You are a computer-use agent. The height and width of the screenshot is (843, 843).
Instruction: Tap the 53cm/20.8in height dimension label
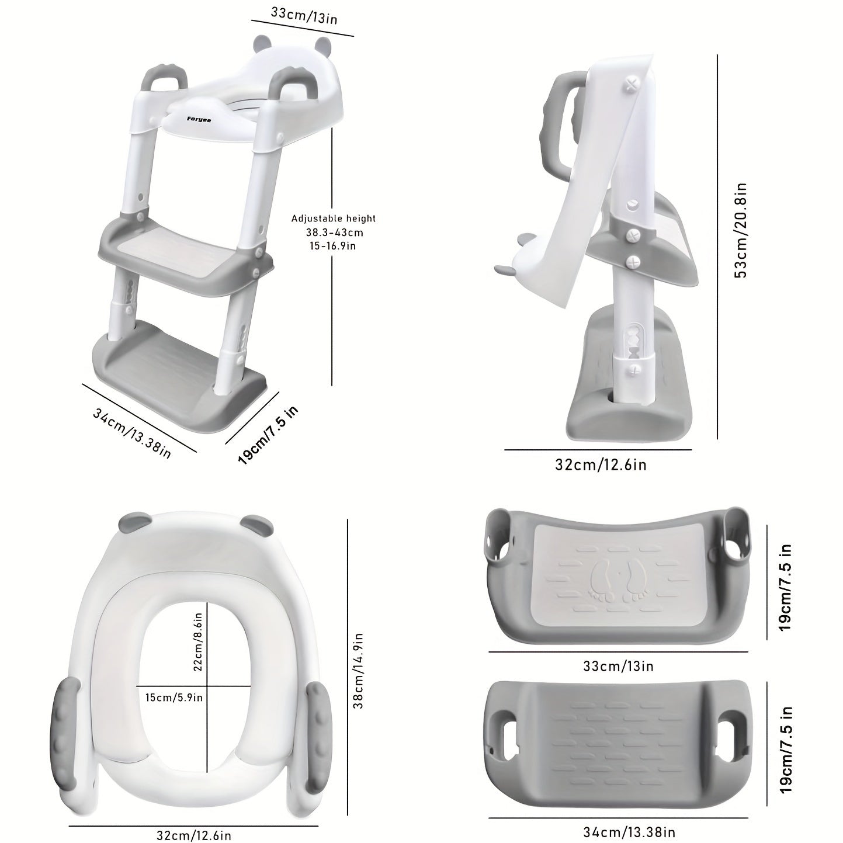[741, 230]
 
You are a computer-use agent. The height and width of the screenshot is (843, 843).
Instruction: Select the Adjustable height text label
[334, 218]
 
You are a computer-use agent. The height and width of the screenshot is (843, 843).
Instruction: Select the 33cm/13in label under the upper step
[618, 666]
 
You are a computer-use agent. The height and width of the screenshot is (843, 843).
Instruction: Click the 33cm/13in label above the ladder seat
[304, 15]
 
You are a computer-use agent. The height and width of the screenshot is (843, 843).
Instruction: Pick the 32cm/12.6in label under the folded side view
[601, 464]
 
